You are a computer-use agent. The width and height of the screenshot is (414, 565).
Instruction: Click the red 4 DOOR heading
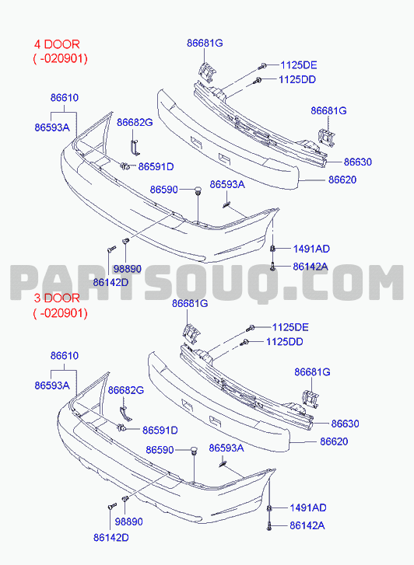pos(57,44)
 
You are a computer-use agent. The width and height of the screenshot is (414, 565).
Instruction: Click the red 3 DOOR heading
pos(57,298)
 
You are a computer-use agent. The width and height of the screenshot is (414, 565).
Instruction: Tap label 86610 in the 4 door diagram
pos(65,98)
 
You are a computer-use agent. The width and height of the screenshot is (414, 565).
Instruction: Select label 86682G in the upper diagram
pos(135,123)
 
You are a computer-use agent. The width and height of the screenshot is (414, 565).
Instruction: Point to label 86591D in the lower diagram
pos(160,431)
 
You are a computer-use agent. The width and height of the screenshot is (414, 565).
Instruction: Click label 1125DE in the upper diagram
pos(299,65)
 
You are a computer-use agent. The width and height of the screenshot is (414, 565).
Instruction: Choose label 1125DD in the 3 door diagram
pos(284,342)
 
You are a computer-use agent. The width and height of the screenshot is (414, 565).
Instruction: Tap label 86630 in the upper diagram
pos(358,162)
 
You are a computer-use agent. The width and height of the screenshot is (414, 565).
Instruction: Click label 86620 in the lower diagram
pos(334,441)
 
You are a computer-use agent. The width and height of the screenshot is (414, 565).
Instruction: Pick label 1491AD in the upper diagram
pos(311,249)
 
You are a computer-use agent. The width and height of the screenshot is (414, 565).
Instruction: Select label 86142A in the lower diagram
pos(307,525)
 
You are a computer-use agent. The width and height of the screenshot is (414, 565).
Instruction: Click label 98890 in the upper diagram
pos(128,269)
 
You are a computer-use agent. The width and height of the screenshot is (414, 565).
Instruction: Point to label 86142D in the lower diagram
pos(111,538)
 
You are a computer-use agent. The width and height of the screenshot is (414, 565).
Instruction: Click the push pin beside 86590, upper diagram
pos(198,190)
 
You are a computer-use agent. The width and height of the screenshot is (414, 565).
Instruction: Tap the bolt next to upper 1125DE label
pos(262,66)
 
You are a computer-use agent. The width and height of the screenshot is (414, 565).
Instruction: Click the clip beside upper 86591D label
pos(125,166)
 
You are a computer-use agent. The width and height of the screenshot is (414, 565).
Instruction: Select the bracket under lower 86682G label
pos(125,413)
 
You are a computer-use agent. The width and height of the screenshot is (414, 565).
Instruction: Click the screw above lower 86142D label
pos(112,506)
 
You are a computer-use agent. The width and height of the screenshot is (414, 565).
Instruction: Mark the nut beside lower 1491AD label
pos(269,508)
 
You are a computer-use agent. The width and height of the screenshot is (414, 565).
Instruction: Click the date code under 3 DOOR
pos(60,313)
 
